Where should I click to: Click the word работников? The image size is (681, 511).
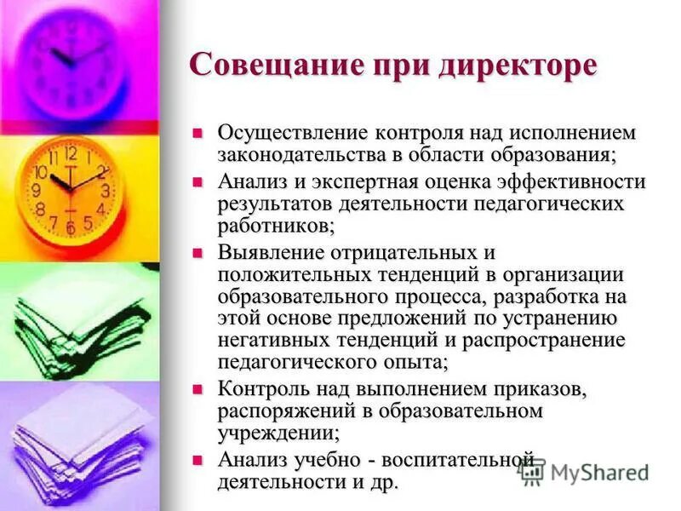pos(275,227)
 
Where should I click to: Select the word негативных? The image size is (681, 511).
pos(282,341)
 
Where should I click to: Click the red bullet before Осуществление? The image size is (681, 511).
pos(198,133)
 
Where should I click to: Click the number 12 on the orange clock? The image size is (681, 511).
pos(72,154)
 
